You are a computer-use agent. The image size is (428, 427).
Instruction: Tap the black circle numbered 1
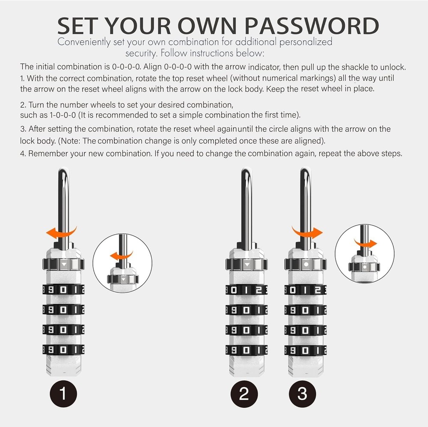(63, 393)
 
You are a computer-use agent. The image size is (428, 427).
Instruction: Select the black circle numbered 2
(244, 393)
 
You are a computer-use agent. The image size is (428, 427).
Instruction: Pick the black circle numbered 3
(302, 393)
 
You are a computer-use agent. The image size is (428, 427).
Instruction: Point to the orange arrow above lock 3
(307, 232)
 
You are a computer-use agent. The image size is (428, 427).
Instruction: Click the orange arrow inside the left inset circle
(119, 256)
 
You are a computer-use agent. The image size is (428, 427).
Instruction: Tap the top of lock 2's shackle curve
(246, 171)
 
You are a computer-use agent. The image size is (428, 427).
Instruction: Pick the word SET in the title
(79, 26)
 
